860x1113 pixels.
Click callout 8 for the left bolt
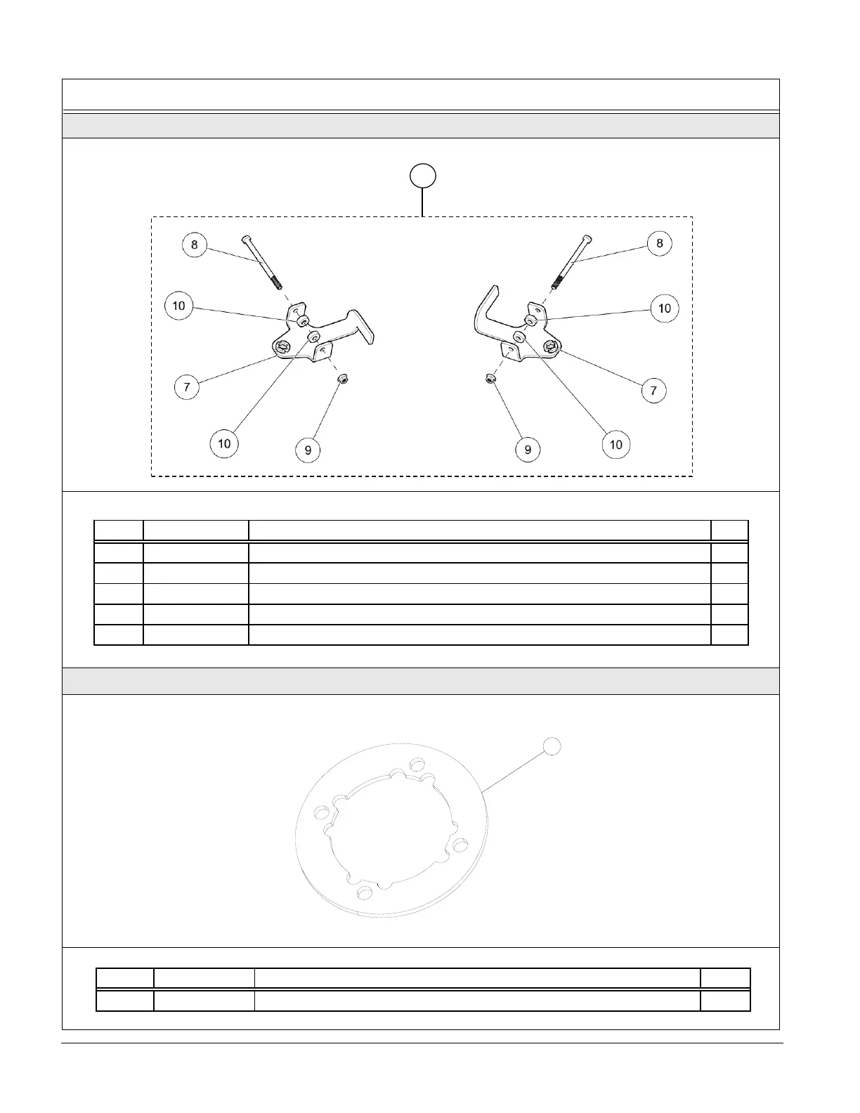(194, 245)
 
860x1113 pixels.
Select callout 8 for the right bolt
(659, 243)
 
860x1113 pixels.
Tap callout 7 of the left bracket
(187, 387)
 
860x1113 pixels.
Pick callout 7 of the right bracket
(653, 390)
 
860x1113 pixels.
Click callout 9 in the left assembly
(308, 450)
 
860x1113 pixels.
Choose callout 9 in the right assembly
(528, 450)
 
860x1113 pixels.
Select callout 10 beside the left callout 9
(224, 443)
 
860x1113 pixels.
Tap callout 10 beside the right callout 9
(615, 444)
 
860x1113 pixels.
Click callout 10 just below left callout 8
(178, 306)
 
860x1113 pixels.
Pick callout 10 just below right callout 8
(665, 308)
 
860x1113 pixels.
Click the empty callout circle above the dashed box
(422, 176)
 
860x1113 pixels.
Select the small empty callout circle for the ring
(552, 746)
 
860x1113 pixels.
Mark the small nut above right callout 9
(490, 379)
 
